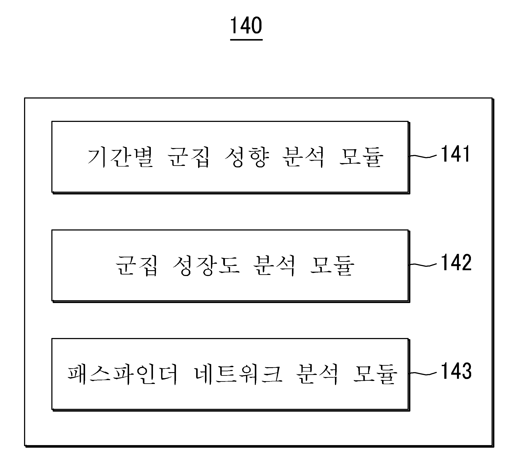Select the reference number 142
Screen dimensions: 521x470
point(456,262)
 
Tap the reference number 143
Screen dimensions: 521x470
point(456,371)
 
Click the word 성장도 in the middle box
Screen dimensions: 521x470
point(206,266)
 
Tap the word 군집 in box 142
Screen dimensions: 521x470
point(136,266)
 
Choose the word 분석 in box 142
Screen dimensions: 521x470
point(274,266)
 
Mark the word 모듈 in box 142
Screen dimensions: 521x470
point(332,266)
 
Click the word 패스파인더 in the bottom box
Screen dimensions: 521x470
point(122,374)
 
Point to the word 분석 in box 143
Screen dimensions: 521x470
point(317,374)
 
